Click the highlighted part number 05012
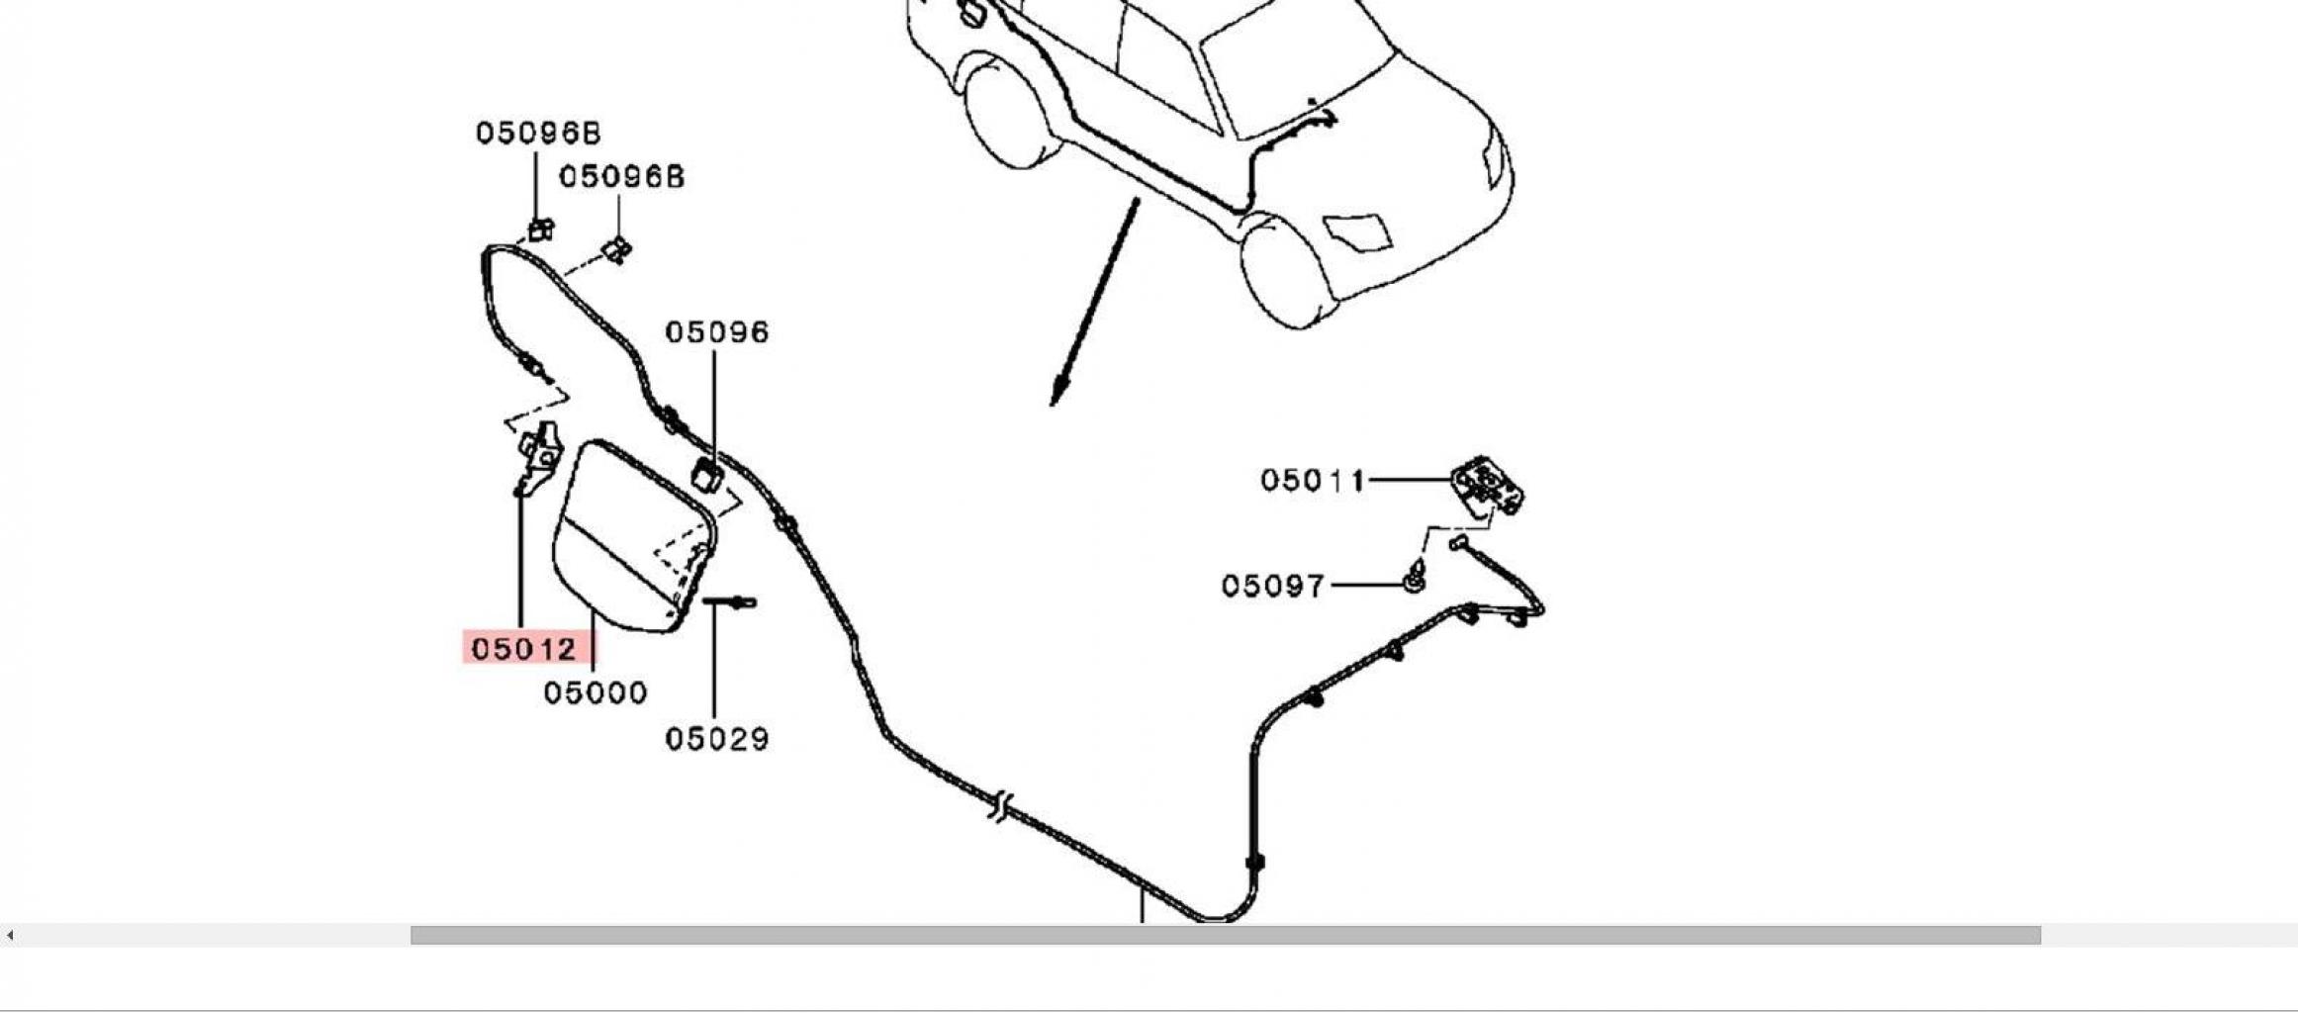point(524,649)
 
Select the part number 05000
point(596,692)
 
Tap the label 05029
point(716,739)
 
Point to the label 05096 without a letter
point(716,332)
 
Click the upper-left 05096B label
point(538,133)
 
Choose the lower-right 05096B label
point(621,177)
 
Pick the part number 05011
point(1312,481)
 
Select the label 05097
point(1272,586)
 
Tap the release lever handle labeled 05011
point(1487,485)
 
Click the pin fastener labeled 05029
point(730,601)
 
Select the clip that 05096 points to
point(707,475)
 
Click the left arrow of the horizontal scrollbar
point(10,935)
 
